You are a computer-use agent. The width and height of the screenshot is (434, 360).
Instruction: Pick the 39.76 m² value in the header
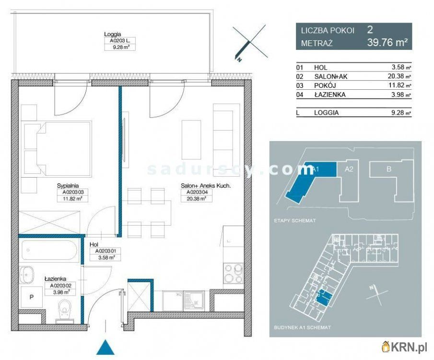pyautogui.click(x=387, y=43)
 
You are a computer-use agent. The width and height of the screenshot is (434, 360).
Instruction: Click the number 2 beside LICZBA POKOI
pyautogui.click(x=370, y=30)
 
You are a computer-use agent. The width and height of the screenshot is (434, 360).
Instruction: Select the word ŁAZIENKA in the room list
pyautogui.click(x=330, y=95)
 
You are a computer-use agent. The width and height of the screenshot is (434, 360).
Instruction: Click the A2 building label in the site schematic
pyautogui.click(x=349, y=169)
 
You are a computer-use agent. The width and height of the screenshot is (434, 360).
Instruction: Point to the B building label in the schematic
pyautogui.click(x=389, y=169)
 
